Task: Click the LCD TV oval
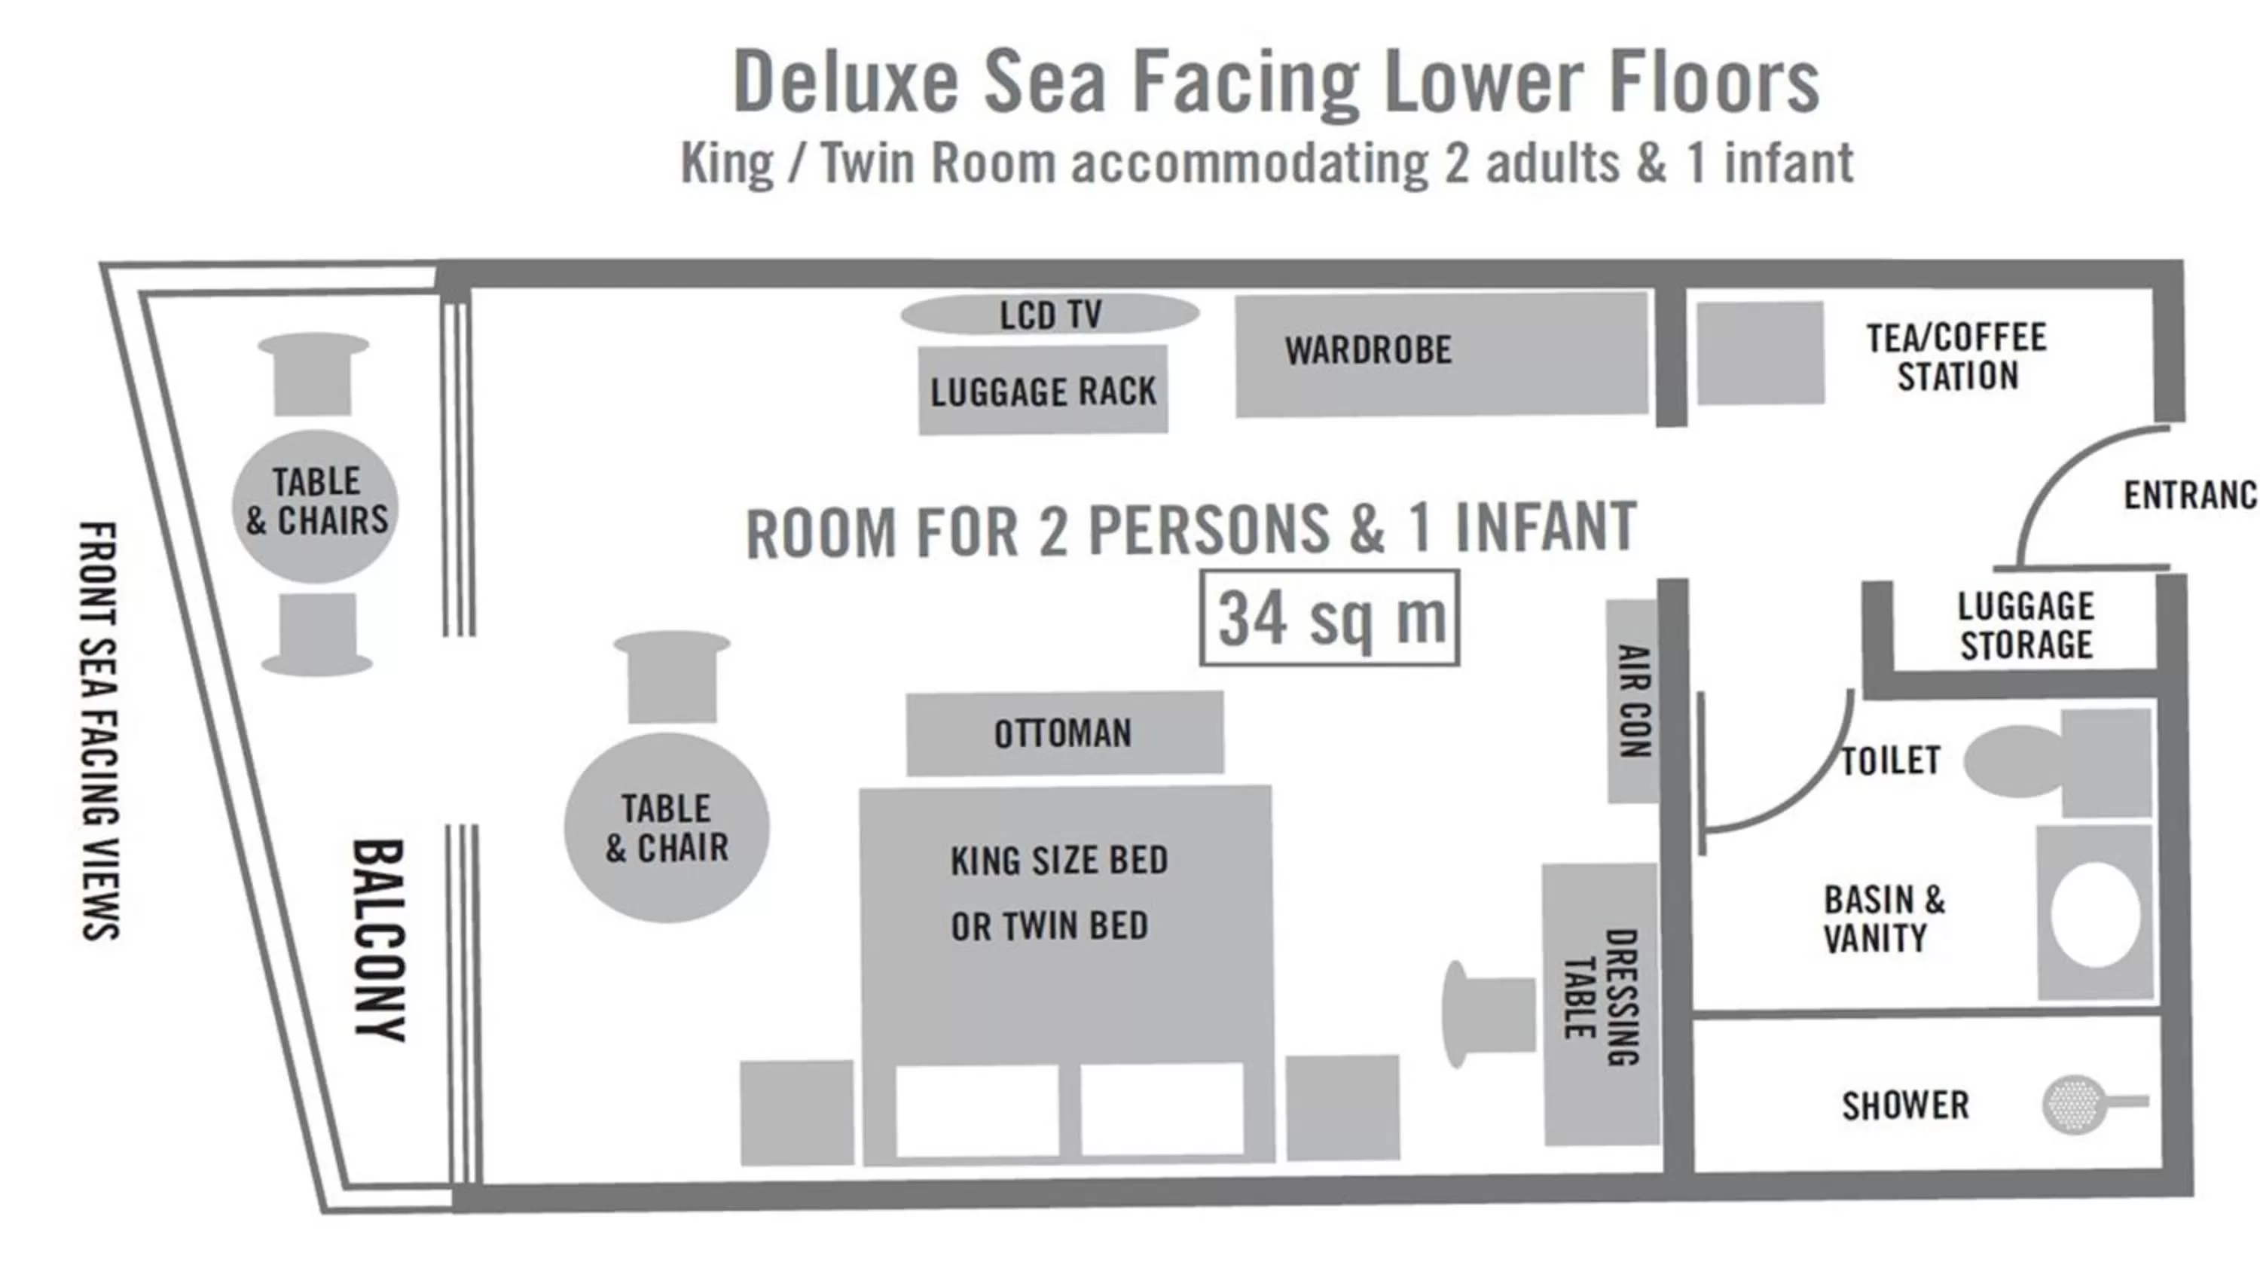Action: (x=1049, y=314)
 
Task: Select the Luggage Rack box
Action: (x=1043, y=390)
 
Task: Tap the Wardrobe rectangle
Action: (x=1440, y=353)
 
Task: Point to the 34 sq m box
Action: (x=1329, y=618)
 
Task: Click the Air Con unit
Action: (x=1632, y=701)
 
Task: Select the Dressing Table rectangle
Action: (x=1600, y=1004)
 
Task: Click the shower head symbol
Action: (x=2075, y=1103)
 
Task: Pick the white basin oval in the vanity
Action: (x=2095, y=915)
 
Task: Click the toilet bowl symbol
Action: (x=2014, y=761)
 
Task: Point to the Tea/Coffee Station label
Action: (x=1956, y=357)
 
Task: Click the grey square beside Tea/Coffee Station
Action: (x=1760, y=353)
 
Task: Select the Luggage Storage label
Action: (x=2025, y=626)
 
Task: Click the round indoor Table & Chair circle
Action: (x=667, y=828)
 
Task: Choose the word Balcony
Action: (x=380, y=940)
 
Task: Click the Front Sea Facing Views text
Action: (x=99, y=730)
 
